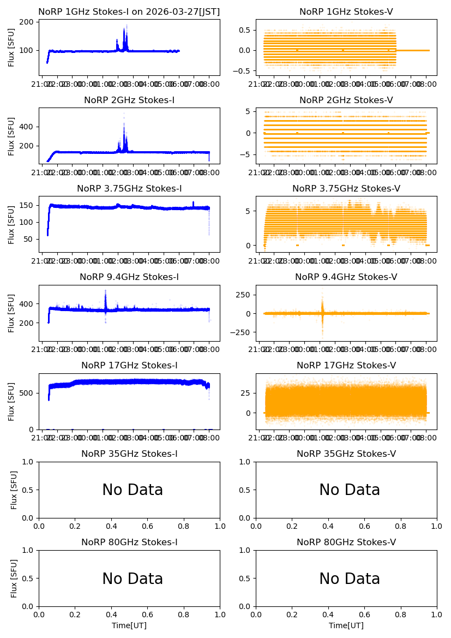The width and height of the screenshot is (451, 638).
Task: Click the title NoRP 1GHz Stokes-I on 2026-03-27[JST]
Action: (129, 11)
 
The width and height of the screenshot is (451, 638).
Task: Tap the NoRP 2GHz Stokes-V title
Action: (346, 100)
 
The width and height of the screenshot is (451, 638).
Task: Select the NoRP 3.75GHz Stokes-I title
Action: (129, 188)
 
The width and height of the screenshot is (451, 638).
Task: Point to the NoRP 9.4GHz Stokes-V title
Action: (346, 277)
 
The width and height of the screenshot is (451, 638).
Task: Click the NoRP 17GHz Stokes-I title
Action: (129, 366)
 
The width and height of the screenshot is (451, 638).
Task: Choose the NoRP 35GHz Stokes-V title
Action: (346, 454)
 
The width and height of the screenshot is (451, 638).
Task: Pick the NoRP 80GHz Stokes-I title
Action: (129, 542)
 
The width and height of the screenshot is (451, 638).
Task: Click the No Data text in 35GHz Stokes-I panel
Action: (133, 490)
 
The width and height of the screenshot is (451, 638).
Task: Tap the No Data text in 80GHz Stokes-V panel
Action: (350, 579)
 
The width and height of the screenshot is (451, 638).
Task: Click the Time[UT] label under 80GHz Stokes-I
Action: (129, 625)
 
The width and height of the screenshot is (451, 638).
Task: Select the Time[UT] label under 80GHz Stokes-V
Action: (346, 625)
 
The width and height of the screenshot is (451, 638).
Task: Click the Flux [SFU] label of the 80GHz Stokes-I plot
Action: (14, 579)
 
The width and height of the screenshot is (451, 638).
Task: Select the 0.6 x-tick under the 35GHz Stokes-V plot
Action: (364, 526)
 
